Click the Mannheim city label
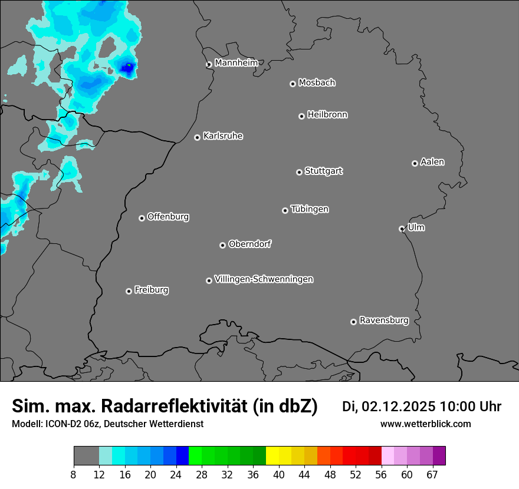click(x=236, y=62)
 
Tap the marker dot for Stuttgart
click(x=299, y=172)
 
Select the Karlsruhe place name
click(x=222, y=136)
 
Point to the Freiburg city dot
click(x=129, y=291)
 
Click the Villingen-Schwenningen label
click(x=264, y=279)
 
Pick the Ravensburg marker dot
click(x=353, y=322)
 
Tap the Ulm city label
click(x=416, y=227)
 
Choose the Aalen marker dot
click(x=415, y=163)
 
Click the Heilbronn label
click(x=327, y=115)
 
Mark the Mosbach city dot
click(x=293, y=84)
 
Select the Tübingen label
click(x=310, y=209)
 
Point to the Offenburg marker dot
click(x=142, y=218)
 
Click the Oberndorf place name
click(x=249, y=244)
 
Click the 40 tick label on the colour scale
click(x=279, y=474)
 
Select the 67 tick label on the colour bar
click(x=432, y=474)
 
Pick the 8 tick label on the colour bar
click(x=74, y=474)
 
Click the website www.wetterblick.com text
click(x=425, y=424)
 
